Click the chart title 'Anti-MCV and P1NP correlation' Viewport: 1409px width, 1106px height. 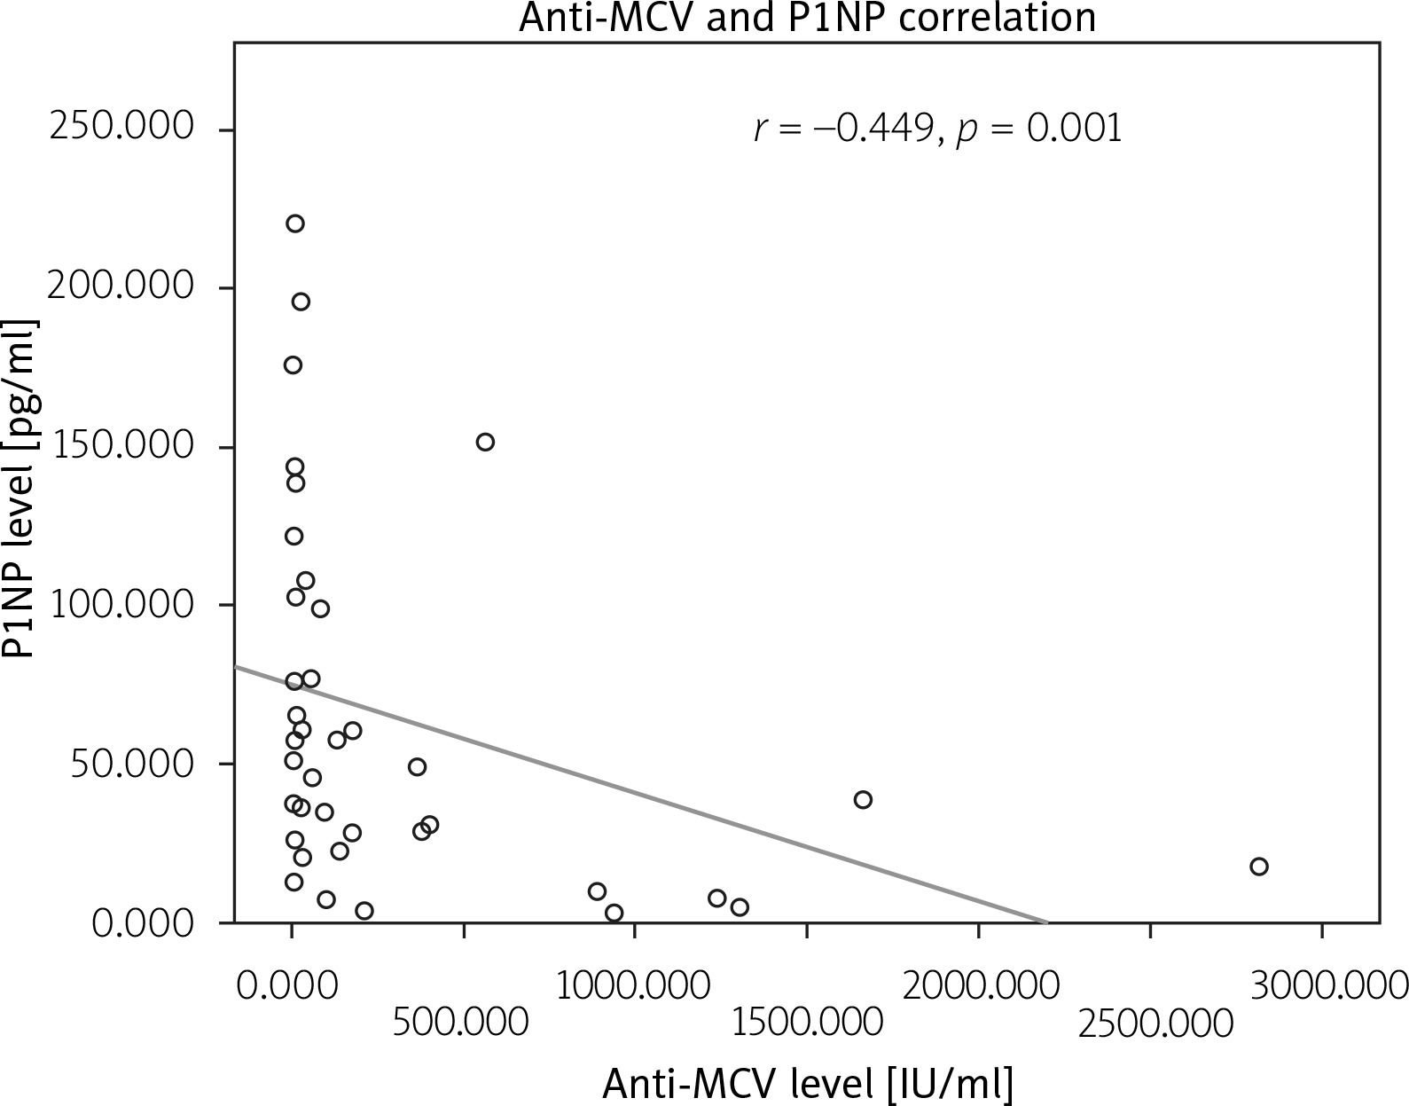pyautogui.click(x=807, y=17)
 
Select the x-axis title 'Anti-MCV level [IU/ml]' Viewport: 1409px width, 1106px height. pyautogui.click(x=807, y=1083)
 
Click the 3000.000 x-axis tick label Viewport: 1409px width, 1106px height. pyautogui.click(x=1322, y=985)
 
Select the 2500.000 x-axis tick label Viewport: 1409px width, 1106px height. pyautogui.click(x=1155, y=1024)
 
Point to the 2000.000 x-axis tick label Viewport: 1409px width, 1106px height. pyautogui.click(x=980, y=985)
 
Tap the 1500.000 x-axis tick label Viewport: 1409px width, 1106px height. pyautogui.click(x=807, y=1024)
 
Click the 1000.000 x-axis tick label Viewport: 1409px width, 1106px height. pyautogui.click(x=634, y=985)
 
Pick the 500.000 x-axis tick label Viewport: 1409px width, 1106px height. pyautogui.click(x=461, y=1024)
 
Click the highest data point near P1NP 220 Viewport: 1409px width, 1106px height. pyautogui.click(x=295, y=224)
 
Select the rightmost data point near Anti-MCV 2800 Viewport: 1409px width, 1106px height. pyautogui.click(x=1258, y=867)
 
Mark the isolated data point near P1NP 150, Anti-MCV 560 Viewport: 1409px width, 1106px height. pyautogui.click(x=485, y=442)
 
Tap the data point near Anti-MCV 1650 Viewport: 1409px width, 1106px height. pyautogui.click(x=863, y=800)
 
